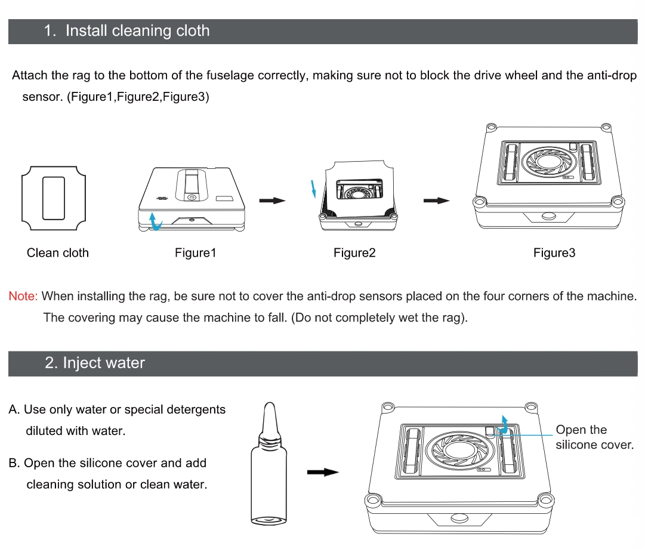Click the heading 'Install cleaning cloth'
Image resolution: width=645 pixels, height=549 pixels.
[x=137, y=31]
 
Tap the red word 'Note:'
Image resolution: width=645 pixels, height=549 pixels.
[x=23, y=296]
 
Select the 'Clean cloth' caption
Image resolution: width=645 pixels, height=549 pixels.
[x=58, y=253]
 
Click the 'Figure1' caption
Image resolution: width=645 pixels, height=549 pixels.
[x=195, y=253]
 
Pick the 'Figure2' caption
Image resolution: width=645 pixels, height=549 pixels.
[x=354, y=253]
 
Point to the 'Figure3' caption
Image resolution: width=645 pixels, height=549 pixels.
[x=554, y=253]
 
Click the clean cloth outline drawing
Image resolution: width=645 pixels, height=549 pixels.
[x=54, y=198]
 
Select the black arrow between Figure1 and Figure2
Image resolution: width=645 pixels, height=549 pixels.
[x=271, y=201]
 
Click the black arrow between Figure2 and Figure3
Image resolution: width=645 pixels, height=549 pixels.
[x=436, y=201]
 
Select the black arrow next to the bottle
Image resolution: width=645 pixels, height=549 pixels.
[x=322, y=472]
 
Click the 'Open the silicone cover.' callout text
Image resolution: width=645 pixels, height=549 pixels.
[x=594, y=437]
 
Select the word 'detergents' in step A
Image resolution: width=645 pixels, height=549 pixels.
[x=194, y=410]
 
